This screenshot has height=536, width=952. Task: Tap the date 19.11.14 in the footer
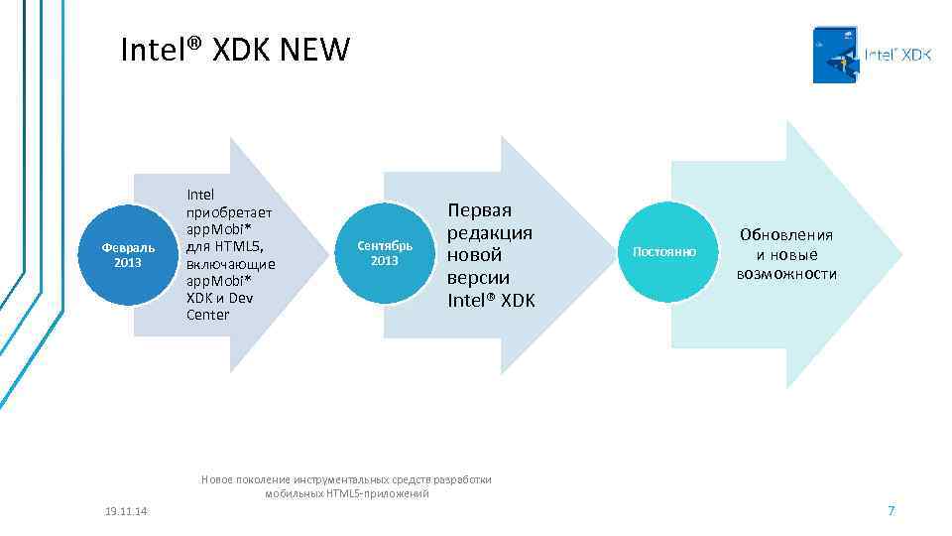coord(126,510)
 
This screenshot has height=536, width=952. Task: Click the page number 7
coord(891,510)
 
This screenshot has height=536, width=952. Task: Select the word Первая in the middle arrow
coord(480,210)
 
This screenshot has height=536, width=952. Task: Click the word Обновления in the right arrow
coord(785,235)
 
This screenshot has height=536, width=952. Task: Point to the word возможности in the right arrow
coord(785,273)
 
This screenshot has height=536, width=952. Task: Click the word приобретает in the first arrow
coord(228,211)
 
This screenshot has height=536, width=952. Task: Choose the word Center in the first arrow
coord(207,315)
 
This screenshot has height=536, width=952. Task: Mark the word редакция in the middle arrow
coord(491,232)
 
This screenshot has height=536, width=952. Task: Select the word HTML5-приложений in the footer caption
coord(377,493)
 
